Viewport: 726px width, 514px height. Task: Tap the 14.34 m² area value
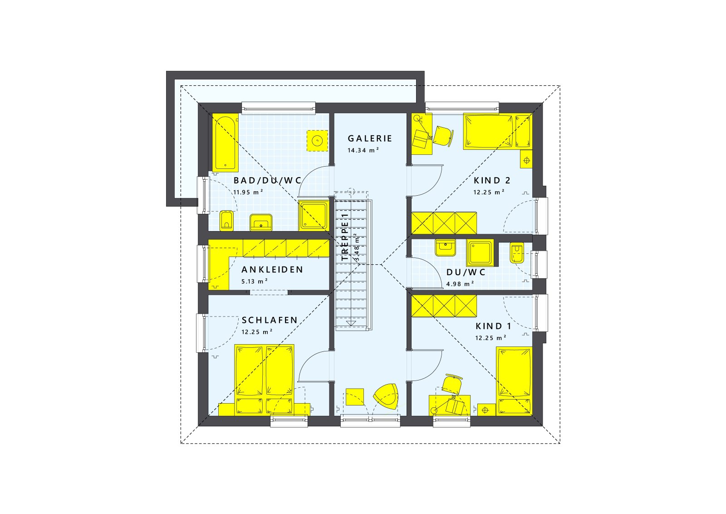coord(363,150)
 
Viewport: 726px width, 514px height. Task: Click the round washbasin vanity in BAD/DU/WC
coord(317,140)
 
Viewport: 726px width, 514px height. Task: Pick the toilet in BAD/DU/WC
coord(226,221)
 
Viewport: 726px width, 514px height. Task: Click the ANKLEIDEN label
coord(272,270)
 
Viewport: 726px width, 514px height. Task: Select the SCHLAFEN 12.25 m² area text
coord(257,332)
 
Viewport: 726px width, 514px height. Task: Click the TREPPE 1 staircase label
coord(345,237)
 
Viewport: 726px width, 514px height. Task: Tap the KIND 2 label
coord(492,180)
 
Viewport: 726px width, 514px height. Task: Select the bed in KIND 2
coord(497,131)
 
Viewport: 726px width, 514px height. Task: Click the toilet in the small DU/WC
coord(516,253)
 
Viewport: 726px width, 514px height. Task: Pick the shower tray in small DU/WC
coord(480,252)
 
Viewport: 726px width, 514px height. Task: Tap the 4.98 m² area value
coord(460,284)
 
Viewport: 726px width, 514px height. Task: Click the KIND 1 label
coord(493,326)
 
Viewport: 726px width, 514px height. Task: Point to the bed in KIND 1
coord(514,381)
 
